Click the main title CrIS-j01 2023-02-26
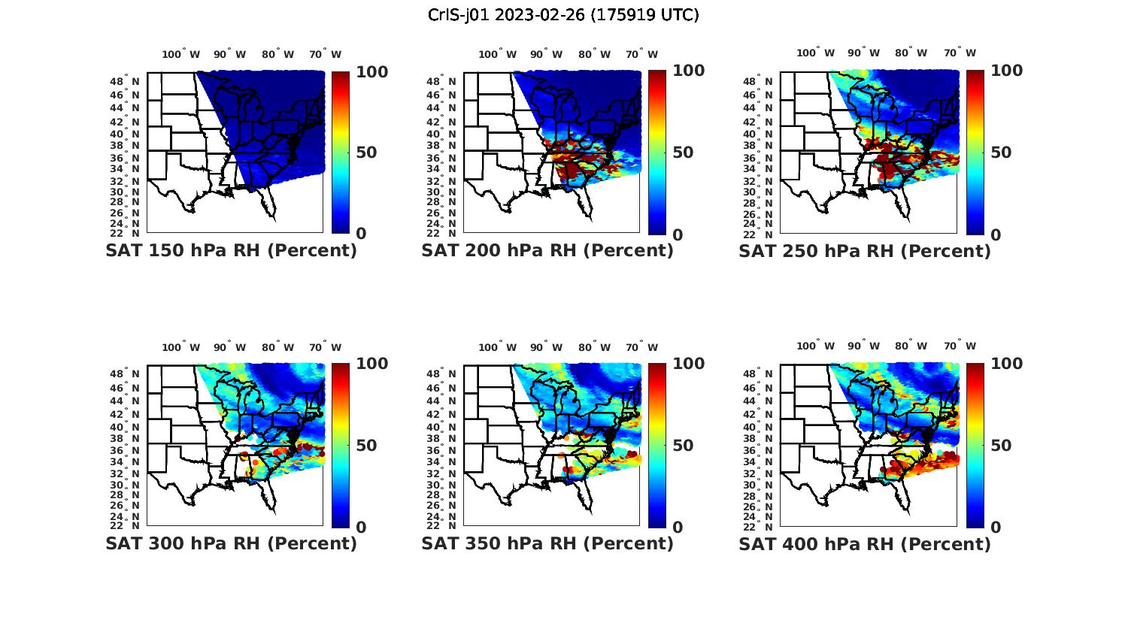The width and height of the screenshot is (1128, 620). [563, 15]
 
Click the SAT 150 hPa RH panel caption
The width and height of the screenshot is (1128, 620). [231, 251]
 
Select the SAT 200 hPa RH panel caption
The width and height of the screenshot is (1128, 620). [547, 251]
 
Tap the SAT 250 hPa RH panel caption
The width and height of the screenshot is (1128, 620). [865, 251]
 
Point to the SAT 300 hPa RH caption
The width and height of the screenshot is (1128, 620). [231, 543]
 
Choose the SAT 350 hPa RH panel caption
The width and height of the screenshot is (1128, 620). [547, 543]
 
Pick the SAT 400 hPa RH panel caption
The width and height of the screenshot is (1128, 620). [865, 543]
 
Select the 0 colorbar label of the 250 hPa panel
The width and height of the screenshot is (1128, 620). [996, 234]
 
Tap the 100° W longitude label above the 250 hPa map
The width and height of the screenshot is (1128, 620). [815, 53]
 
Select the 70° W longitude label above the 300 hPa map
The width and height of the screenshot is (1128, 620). [324, 347]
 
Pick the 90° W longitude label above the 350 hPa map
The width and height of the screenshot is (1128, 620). [545, 347]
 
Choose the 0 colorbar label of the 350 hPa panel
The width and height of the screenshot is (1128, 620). [678, 528]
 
